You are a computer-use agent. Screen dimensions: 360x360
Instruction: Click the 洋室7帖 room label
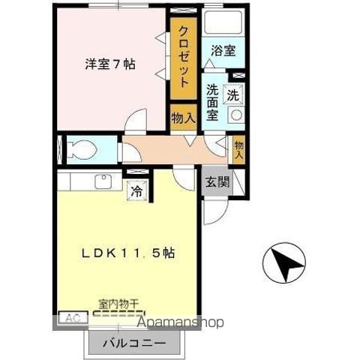[x=109, y=64]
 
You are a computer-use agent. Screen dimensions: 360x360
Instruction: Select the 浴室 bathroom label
[x=223, y=52]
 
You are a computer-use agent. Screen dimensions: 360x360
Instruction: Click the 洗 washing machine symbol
[x=233, y=95]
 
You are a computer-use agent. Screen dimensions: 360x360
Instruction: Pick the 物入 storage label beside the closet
[x=184, y=118]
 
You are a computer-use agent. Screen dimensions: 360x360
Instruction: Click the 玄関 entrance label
[x=213, y=181]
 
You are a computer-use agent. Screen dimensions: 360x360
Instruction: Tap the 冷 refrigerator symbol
[x=136, y=191]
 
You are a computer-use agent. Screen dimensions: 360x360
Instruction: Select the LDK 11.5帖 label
[x=129, y=253]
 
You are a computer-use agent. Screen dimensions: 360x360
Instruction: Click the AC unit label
[x=69, y=318]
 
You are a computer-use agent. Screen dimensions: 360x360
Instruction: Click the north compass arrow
[x=284, y=263]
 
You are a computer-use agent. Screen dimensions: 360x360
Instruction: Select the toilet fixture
[x=79, y=148]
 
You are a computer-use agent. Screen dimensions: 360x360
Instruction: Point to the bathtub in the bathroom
[x=221, y=27]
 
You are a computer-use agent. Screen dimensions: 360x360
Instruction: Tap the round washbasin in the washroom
[x=235, y=116]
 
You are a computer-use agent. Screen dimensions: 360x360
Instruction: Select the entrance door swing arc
[x=211, y=214]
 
